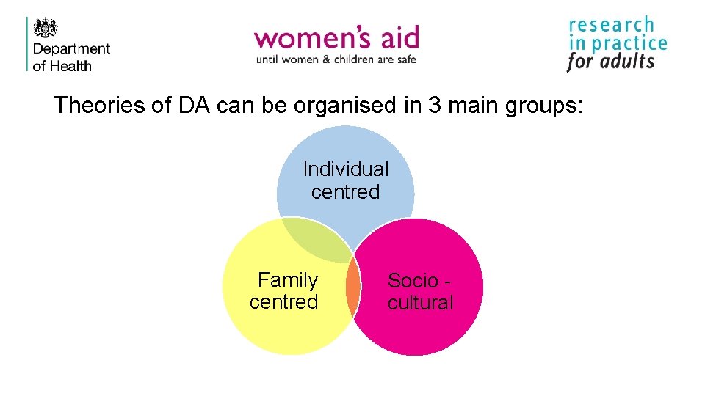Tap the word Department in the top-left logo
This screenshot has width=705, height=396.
(72, 49)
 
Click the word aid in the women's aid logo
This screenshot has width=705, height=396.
(397, 37)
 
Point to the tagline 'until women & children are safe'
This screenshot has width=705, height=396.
(336, 59)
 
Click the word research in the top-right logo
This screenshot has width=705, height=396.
(611, 26)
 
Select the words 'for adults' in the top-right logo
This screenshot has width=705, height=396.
(610, 62)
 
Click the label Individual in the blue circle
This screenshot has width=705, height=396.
(346, 169)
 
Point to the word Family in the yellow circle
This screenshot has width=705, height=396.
(288, 280)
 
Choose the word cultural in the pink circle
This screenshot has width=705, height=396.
(420, 303)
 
